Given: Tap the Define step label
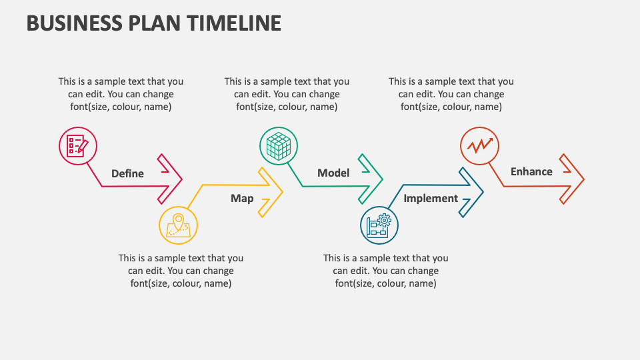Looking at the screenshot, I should click(x=127, y=173).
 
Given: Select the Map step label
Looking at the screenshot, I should click(x=242, y=198).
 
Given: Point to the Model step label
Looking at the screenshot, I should click(x=333, y=173).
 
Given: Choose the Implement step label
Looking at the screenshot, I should click(x=431, y=198).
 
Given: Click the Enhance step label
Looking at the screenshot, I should click(x=531, y=171).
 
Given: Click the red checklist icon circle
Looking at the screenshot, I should click(x=78, y=145).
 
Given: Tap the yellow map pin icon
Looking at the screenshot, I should click(x=178, y=225).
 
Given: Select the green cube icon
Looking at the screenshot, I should click(x=278, y=145).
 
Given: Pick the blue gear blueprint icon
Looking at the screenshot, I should click(x=379, y=225).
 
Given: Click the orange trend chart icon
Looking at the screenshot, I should click(x=479, y=145).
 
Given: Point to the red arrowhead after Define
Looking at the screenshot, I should click(x=171, y=179).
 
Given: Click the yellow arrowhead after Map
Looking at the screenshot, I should click(x=270, y=192).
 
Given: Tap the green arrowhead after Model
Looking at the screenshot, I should click(x=371, y=179).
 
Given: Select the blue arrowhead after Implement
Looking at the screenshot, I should click(x=471, y=192).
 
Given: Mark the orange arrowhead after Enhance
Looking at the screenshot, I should click(x=572, y=179).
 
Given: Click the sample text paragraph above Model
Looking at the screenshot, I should click(x=287, y=94).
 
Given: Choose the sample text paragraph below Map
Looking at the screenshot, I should click(x=181, y=271).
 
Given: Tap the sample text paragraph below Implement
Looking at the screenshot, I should click(x=385, y=271).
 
